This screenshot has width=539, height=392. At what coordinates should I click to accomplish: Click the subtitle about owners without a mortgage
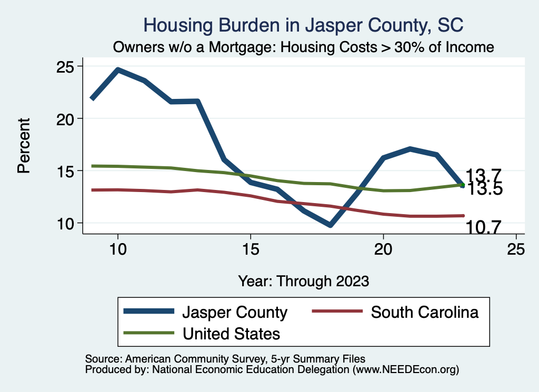pyautogui.click(x=304, y=47)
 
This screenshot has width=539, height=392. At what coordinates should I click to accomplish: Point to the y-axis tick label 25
pyautogui.click(x=67, y=67)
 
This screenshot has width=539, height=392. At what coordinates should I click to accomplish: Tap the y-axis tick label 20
pyautogui.click(x=67, y=119)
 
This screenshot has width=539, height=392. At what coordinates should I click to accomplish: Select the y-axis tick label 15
pyautogui.click(x=67, y=171)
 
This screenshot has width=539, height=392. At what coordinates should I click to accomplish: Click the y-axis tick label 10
pyautogui.click(x=67, y=223)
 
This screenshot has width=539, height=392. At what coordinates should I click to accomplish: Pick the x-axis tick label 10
pyautogui.click(x=118, y=249)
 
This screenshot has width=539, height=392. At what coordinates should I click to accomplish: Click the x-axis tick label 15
pyautogui.click(x=251, y=249)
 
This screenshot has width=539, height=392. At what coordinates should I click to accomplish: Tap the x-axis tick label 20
pyautogui.click(x=383, y=249)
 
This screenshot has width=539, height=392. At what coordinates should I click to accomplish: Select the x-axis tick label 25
pyautogui.click(x=516, y=249)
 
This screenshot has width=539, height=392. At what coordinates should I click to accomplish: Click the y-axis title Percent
pyautogui.click(x=24, y=146)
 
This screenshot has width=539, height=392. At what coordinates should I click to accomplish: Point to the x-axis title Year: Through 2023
pyautogui.click(x=303, y=280)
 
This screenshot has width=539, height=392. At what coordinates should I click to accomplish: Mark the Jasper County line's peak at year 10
pyautogui.click(x=118, y=69)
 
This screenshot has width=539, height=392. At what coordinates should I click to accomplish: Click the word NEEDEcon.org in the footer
pyautogui.click(x=416, y=370)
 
